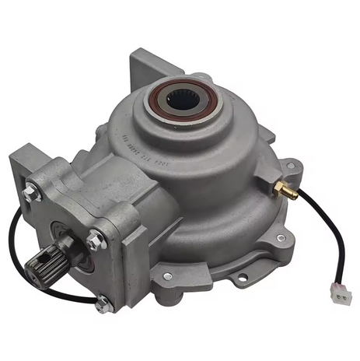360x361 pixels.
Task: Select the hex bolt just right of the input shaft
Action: tap(95, 241)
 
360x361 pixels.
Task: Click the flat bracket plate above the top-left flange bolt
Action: tap(27, 159)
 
